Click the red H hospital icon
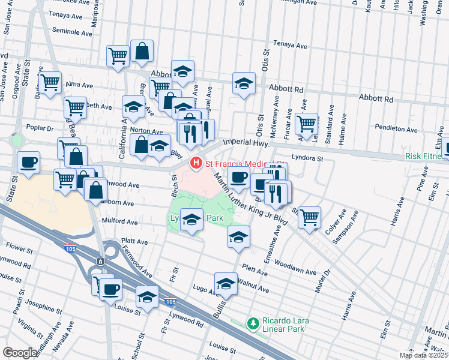tap(196, 163)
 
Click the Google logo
tap(19, 353)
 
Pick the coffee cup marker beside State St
tap(29, 162)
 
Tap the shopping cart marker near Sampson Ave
tap(309, 217)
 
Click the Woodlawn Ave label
tap(296, 272)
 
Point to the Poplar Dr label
tap(40, 128)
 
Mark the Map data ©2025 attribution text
tap(423, 355)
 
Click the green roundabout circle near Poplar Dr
tap(16, 141)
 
